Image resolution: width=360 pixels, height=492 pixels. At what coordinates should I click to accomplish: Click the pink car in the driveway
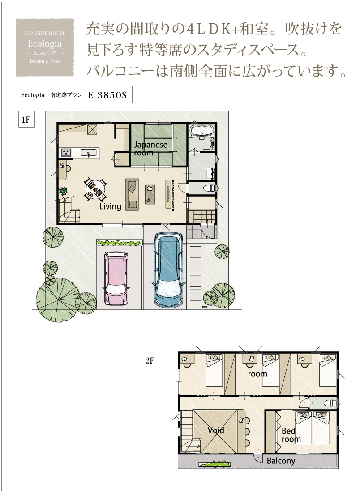[x=116, y=278]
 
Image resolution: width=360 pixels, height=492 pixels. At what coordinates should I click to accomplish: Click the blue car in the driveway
[x=169, y=270]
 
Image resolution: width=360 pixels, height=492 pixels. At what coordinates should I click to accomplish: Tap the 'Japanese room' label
[x=150, y=149]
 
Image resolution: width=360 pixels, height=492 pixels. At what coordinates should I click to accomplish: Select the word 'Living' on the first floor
[x=110, y=206]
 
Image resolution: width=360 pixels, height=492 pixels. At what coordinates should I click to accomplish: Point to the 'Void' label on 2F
[x=216, y=430]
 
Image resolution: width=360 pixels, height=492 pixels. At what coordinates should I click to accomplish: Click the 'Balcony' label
[x=281, y=461]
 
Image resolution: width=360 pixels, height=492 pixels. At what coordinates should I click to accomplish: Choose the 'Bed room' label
[x=291, y=435]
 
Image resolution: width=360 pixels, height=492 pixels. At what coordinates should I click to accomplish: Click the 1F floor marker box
[x=26, y=119]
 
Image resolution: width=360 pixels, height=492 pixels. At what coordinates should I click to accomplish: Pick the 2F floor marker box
[x=150, y=360]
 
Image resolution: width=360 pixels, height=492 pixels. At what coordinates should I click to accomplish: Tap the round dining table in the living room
[x=95, y=189]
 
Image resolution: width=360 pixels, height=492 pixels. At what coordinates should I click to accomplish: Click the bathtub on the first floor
[x=201, y=131]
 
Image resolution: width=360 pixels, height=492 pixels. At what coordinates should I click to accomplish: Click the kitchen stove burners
[x=66, y=153]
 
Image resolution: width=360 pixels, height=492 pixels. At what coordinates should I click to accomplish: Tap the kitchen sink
[x=89, y=153]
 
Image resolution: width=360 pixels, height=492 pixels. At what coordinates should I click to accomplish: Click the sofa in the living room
[x=132, y=194]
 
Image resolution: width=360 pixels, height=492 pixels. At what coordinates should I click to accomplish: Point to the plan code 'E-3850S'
[x=107, y=95]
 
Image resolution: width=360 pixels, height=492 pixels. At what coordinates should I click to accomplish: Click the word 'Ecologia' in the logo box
[x=45, y=43]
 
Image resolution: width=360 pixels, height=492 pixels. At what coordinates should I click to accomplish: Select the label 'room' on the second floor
[x=257, y=374]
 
